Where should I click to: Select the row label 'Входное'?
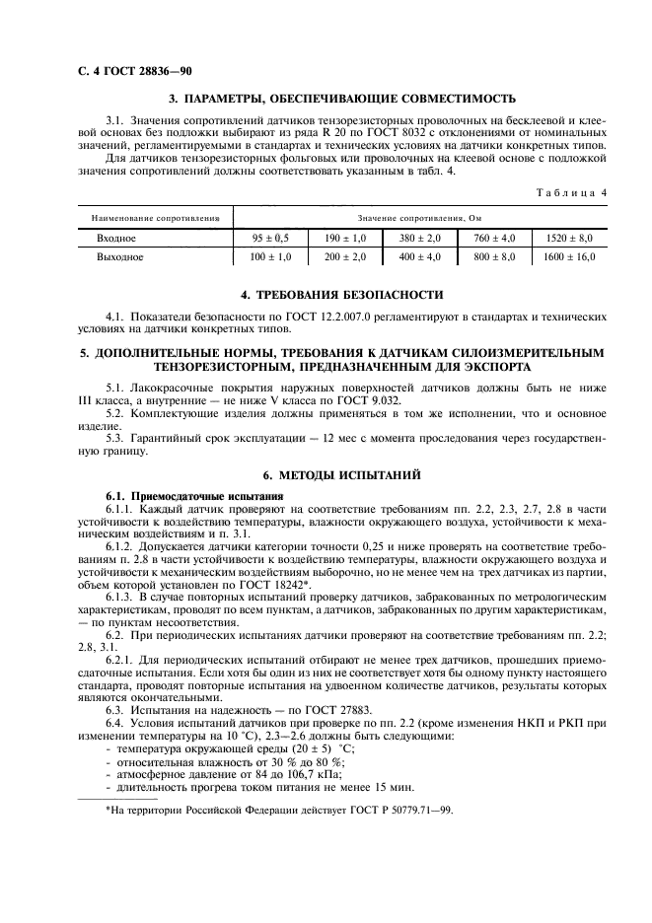[116, 239]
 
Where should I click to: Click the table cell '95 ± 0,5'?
[270, 239]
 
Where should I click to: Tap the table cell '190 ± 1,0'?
[346, 239]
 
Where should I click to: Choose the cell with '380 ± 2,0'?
[420, 239]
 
